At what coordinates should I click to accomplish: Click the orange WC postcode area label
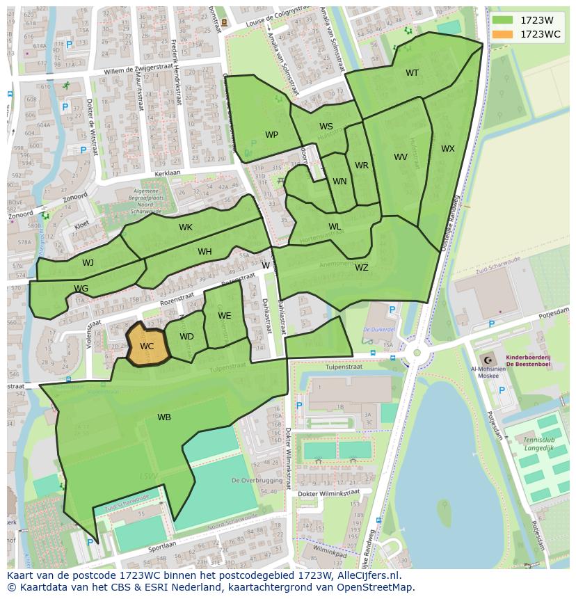(147, 346)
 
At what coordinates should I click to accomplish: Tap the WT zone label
(413, 73)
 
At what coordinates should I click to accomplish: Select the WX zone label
(448, 149)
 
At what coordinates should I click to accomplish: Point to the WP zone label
(271, 135)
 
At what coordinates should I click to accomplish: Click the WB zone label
(164, 417)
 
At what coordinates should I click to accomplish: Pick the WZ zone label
(362, 267)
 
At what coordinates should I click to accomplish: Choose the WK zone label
(186, 227)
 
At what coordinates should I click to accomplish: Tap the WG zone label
(81, 289)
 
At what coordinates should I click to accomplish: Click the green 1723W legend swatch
(502, 20)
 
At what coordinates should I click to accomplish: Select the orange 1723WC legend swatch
(502, 34)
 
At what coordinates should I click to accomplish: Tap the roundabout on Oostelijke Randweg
(417, 353)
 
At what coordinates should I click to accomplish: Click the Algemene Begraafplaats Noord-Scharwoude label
(136, 198)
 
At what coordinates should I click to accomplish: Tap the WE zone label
(224, 316)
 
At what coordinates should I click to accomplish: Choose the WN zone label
(339, 182)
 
